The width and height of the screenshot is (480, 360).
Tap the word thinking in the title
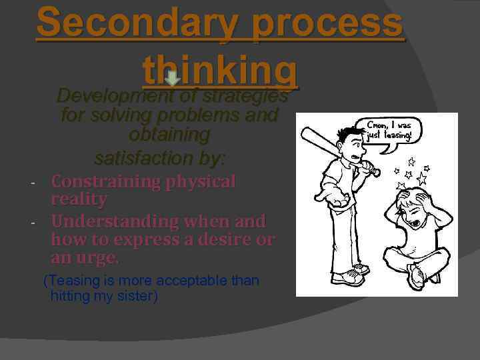point(220,69)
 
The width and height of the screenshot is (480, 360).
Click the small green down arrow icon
point(171,79)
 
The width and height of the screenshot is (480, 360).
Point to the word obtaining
point(169,135)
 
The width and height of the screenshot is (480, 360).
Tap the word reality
point(79,199)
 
